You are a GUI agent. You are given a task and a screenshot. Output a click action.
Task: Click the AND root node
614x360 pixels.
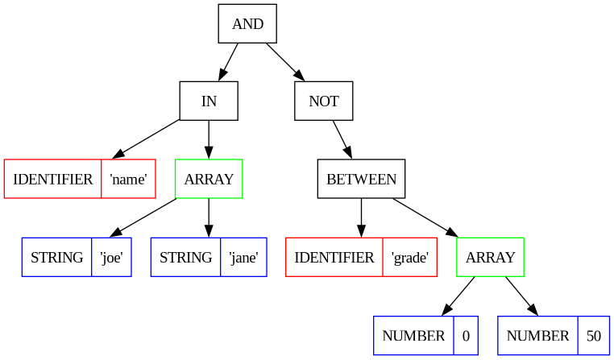click(x=247, y=23)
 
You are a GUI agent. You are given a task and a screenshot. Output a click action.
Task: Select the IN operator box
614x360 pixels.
click(x=209, y=101)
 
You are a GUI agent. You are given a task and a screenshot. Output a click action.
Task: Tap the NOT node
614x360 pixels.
click(x=324, y=101)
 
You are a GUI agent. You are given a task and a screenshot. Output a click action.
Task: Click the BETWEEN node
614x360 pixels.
click(x=362, y=179)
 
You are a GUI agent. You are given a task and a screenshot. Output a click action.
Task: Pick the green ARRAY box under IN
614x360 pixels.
click(x=209, y=179)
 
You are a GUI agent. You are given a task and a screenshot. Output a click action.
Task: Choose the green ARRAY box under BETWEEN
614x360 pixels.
click(x=490, y=257)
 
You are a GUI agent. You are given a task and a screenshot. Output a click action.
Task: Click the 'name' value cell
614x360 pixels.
click(x=128, y=180)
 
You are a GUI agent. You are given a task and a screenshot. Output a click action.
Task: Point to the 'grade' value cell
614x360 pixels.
click(x=410, y=258)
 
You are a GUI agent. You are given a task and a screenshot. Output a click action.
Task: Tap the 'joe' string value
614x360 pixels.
click(x=112, y=258)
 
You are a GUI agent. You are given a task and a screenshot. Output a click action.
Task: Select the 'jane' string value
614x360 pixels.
click(x=243, y=258)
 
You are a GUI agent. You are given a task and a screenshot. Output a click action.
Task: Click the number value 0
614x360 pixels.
click(x=466, y=336)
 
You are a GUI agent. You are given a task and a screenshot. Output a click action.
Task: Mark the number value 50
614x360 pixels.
click(x=594, y=336)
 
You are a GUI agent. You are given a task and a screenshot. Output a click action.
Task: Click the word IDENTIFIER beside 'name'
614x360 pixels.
click(x=53, y=180)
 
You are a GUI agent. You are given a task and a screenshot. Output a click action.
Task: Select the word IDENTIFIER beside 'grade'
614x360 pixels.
click(x=334, y=258)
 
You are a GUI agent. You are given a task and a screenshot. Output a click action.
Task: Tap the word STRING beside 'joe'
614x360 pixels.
click(x=56, y=258)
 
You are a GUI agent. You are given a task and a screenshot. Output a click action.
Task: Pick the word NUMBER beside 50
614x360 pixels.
click(x=537, y=336)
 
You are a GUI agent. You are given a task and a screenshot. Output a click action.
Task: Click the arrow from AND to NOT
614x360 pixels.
click(x=285, y=62)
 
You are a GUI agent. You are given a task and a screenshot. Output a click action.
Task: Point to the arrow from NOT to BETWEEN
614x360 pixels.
click(x=342, y=139)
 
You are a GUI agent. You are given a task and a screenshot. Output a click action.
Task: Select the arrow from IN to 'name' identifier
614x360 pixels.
click(x=145, y=139)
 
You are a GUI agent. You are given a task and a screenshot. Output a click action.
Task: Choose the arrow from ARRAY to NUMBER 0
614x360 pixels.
click(x=458, y=296)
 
